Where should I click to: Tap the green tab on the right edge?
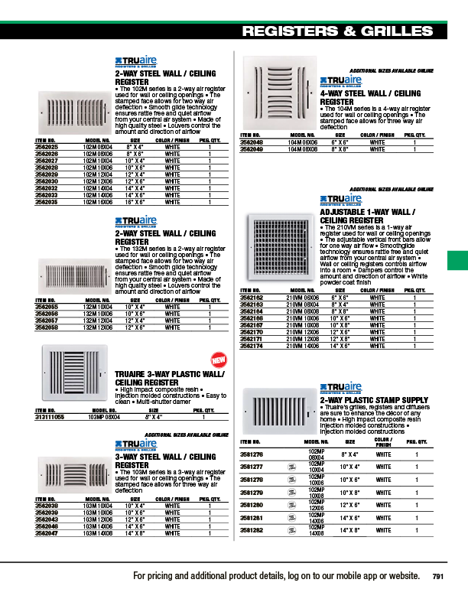coord(457,260)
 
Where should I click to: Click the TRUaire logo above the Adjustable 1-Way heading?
coord(340,199)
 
